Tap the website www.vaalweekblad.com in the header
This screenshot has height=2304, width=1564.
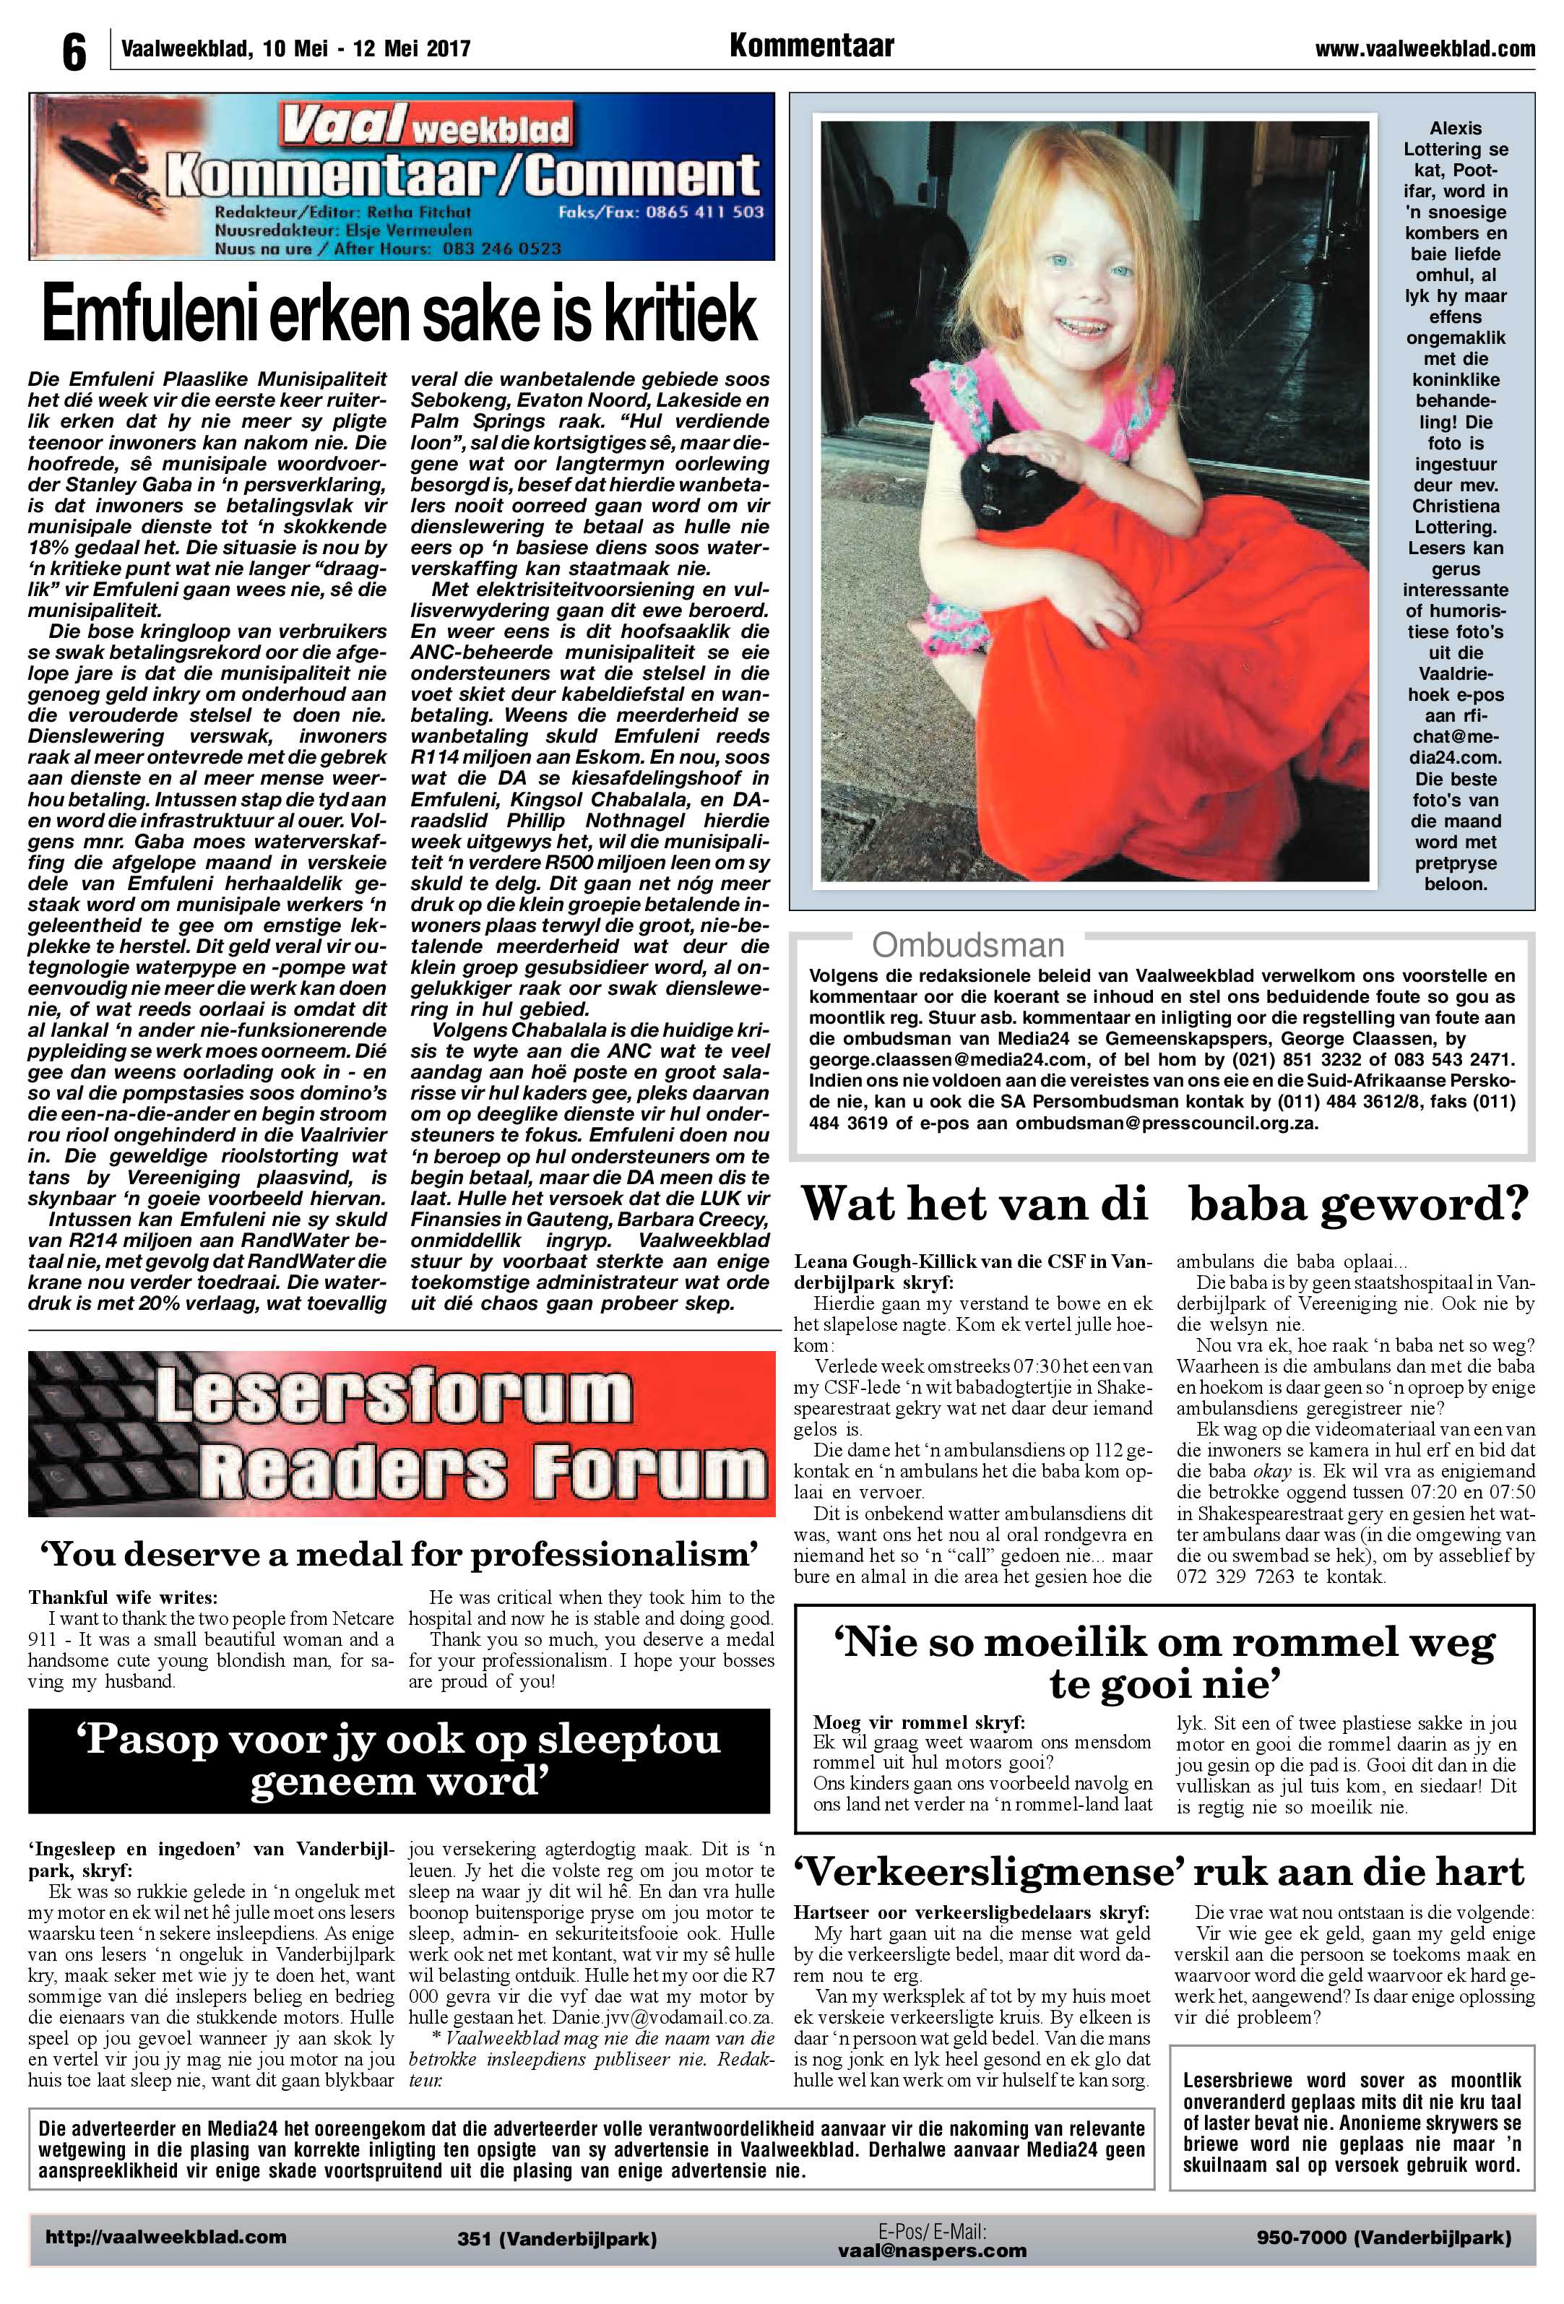(1425, 48)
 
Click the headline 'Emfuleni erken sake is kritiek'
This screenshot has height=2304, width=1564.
(399, 315)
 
